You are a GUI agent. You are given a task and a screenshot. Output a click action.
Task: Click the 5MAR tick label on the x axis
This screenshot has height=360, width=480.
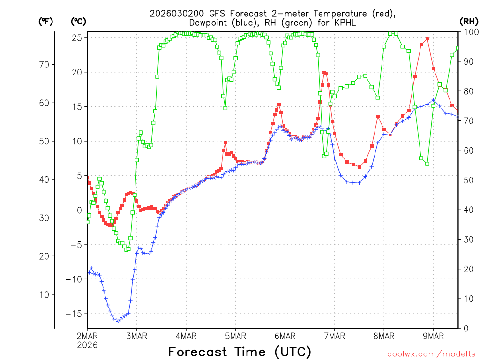235,336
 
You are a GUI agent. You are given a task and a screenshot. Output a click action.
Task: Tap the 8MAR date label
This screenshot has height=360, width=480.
383,336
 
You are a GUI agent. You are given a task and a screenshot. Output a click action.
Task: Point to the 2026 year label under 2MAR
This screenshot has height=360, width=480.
87,345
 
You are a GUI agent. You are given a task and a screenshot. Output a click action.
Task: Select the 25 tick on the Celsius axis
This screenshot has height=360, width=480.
77,37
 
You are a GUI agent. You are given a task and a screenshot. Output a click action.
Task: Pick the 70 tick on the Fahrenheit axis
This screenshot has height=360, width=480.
47,65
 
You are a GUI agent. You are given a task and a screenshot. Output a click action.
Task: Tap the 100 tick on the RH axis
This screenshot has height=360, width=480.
469,32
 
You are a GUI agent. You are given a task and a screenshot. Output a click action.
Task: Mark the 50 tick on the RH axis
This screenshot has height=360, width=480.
467,180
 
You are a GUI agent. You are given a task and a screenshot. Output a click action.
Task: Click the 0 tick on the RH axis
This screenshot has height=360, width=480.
465,328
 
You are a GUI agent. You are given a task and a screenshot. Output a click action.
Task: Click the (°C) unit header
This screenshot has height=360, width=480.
78,21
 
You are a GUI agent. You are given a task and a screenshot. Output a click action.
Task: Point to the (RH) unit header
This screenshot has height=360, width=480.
468,21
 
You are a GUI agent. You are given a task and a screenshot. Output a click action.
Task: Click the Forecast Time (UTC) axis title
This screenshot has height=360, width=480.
240,352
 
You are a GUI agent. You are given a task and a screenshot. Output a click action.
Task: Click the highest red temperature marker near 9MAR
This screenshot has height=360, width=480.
427,39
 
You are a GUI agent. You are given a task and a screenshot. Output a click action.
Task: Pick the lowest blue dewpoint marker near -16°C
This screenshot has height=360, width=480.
118,321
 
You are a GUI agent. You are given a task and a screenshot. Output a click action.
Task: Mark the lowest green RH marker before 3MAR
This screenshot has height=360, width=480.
126,249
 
